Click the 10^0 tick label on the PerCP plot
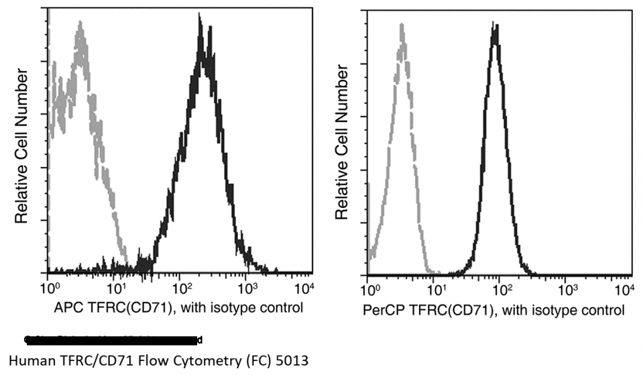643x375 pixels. pyautogui.click(x=370, y=290)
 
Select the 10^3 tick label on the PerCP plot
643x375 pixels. pyautogui.click(x=567, y=290)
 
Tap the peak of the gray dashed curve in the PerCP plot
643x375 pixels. pyautogui.click(x=402, y=27)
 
